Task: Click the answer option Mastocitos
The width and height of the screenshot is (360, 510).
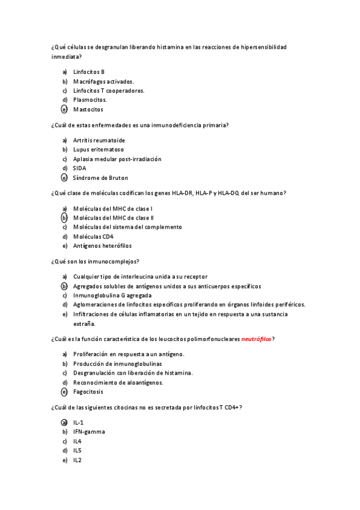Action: click(x=88, y=109)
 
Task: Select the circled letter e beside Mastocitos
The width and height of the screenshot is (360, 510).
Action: click(x=64, y=109)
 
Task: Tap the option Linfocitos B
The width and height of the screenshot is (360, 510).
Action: click(x=89, y=72)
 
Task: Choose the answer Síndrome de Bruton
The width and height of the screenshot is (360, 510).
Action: click(x=100, y=178)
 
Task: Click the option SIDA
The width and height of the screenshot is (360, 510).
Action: click(x=79, y=168)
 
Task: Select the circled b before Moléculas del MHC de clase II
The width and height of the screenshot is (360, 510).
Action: click(x=64, y=218)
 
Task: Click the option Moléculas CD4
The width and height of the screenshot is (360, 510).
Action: click(x=93, y=236)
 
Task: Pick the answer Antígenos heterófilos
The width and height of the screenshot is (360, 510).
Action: click(x=102, y=246)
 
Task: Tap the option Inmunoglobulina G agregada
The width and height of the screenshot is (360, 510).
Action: click(x=112, y=295)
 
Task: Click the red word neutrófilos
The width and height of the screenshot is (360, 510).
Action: click(x=256, y=339)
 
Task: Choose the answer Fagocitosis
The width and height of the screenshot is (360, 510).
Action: click(x=88, y=392)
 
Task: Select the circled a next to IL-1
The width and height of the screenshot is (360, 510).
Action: click(x=64, y=422)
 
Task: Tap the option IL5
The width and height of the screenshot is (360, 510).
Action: click(x=78, y=450)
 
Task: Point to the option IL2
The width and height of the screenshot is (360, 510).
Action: click(x=78, y=460)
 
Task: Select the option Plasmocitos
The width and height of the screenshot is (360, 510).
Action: click(x=90, y=100)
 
